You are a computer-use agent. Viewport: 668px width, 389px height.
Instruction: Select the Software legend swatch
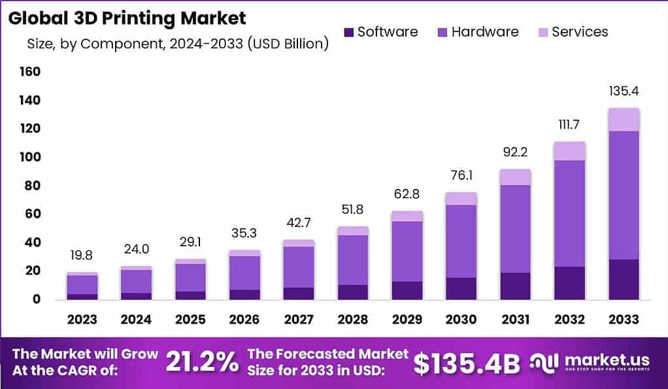click(x=348, y=32)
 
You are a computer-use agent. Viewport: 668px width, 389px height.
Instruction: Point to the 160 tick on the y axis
click(x=30, y=71)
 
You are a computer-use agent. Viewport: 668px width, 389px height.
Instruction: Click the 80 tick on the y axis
click(x=33, y=186)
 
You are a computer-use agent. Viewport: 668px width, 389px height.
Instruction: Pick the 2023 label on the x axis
click(x=82, y=320)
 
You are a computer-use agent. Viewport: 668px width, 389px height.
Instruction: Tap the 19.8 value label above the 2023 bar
click(x=82, y=255)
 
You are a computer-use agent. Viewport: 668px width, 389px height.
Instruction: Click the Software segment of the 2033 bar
click(x=623, y=279)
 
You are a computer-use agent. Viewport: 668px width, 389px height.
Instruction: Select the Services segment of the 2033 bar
click(x=623, y=120)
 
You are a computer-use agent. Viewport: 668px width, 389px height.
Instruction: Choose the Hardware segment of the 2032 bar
click(x=570, y=213)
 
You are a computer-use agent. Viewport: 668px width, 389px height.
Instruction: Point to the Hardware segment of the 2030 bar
click(x=461, y=241)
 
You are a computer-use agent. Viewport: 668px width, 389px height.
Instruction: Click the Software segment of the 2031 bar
click(x=516, y=286)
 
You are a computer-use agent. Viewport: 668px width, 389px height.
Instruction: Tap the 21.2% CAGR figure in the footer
click(x=202, y=363)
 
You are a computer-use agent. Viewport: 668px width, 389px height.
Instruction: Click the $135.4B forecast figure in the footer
click(x=467, y=364)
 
